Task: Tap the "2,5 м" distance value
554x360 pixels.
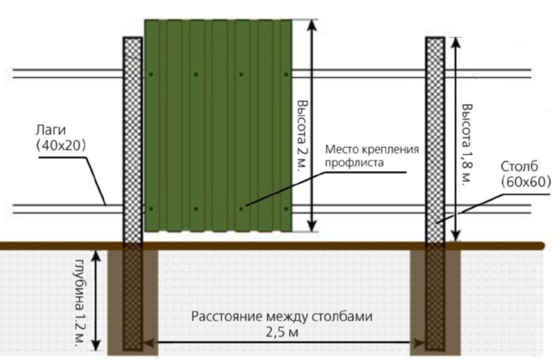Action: point(282,331)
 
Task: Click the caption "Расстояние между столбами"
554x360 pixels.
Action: point(282,317)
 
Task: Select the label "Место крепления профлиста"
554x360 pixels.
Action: point(372,155)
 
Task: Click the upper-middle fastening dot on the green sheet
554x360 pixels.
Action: point(196,74)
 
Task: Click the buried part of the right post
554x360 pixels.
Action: point(434,298)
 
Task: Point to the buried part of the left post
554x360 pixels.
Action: point(133,298)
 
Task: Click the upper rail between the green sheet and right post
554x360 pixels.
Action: point(357,74)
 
